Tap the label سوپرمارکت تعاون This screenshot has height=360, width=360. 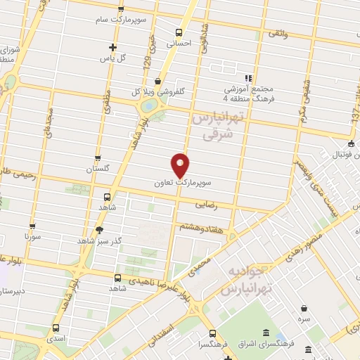(x=181, y=182)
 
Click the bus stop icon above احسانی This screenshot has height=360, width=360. (x=179, y=32)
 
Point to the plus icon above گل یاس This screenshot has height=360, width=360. (x=112, y=47)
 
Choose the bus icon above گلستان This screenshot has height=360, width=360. (x=98, y=158)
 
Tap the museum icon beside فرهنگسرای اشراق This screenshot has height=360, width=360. (x=264, y=333)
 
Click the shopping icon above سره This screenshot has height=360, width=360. (x=303, y=308)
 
